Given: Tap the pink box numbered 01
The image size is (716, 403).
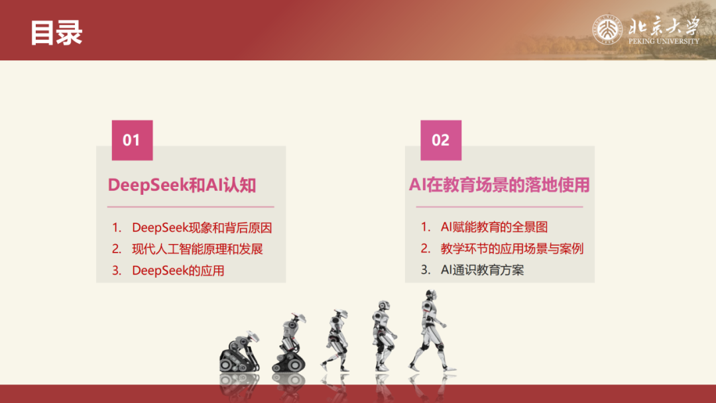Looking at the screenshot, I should point(131,140).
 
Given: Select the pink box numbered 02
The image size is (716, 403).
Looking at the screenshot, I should point(440,140).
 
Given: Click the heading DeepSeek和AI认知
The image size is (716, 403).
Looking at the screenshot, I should point(182,185).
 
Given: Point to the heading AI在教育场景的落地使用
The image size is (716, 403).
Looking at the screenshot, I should point(499,185).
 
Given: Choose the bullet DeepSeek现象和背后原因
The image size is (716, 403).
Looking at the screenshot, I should point(202,227).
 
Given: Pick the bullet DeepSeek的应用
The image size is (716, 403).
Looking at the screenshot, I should point(178,270).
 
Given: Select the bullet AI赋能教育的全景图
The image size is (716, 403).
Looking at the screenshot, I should point(494,227).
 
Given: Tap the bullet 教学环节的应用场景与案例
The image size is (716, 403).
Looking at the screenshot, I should point(512,249).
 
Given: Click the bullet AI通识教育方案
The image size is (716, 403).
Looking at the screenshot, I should point(482,270).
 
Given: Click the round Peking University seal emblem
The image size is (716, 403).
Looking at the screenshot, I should point(607,30).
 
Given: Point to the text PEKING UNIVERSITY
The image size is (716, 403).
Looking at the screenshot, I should point(664,41).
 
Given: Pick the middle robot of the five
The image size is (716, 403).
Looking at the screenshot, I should point(335,339).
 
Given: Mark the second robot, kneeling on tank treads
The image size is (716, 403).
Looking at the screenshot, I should point(290,345).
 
